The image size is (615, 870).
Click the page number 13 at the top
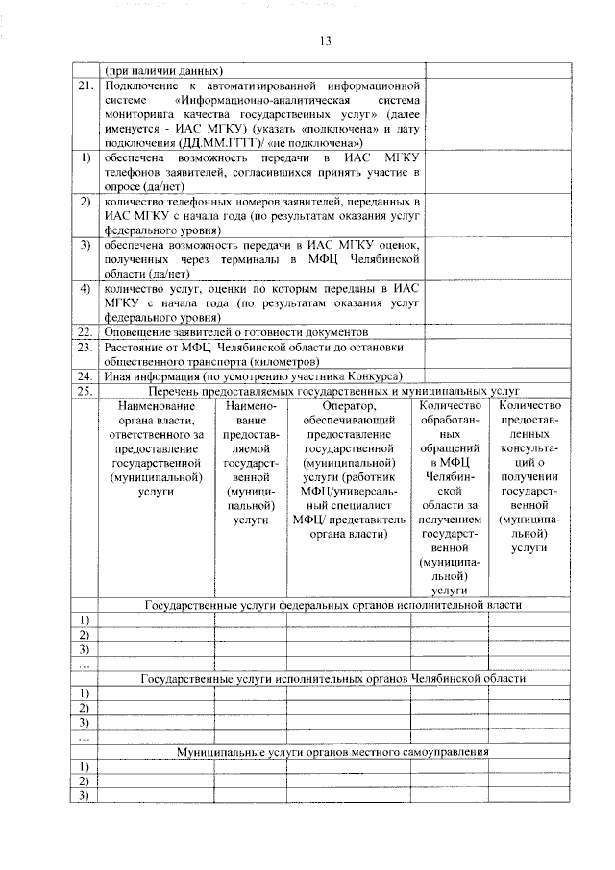pos(325,41)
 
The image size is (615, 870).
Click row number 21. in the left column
pos(85,86)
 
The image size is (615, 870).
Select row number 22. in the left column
pos(85,331)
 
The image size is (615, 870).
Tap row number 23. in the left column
pos(85,347)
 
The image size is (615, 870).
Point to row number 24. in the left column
pos(85,375)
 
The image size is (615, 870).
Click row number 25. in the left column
pos(85,391)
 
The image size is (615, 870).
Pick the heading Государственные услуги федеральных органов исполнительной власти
pos(332,606)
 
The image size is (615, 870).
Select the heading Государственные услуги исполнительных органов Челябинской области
pos(332,678)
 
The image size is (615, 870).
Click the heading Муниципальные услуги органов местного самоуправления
pos(332,751)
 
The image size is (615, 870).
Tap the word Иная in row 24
pos(120,375)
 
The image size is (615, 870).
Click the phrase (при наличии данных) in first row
pos(163,70)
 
